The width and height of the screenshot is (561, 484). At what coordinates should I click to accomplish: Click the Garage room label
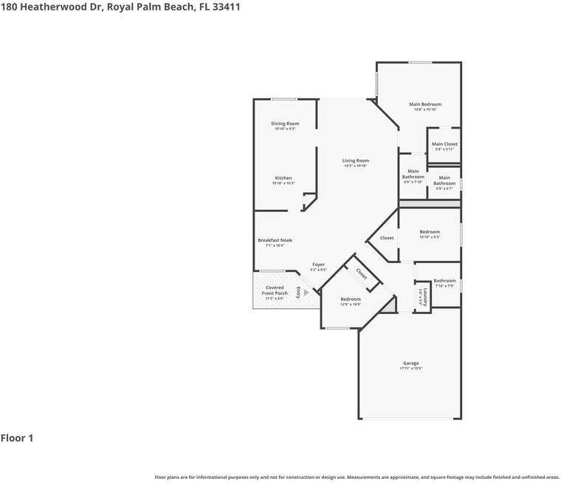(411, 363)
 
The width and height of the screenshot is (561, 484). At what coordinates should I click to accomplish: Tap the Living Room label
(355, 160)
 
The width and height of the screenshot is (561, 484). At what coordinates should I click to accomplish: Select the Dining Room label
(285, 123)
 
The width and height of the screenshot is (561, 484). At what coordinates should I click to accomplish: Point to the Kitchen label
(283, 178)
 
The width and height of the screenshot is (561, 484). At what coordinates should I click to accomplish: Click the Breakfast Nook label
(275, 240)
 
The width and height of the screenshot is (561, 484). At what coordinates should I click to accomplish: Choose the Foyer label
(318, 265)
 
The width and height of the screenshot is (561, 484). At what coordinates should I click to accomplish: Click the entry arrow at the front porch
(306, 292)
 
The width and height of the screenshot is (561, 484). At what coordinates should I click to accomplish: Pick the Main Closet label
(444, 144)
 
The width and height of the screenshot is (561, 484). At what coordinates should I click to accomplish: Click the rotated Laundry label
(423, 296)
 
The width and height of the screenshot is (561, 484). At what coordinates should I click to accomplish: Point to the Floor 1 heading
(17, 438)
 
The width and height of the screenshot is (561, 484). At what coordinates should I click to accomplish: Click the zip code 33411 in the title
(225, 7)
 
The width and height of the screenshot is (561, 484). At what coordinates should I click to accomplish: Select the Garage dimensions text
(411, 368)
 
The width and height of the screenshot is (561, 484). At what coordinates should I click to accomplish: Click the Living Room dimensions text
(355, 166)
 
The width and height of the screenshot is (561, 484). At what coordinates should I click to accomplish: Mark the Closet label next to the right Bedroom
(387, 238)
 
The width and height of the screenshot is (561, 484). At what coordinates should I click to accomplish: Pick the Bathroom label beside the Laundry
(444, 281)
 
